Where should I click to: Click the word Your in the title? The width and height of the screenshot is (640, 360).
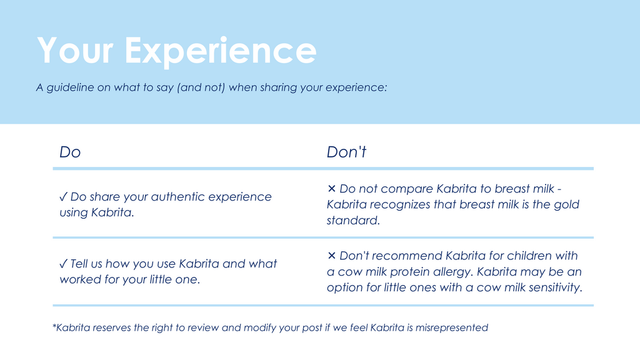coord(75,50)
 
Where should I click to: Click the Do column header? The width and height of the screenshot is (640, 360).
coord(70,152)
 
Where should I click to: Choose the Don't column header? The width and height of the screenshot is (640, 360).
coord(346,152)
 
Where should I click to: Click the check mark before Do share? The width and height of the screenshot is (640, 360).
coord(63,197)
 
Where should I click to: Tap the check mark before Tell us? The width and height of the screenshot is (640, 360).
coord(63,264)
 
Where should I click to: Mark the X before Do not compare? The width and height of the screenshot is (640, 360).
coord(331,189)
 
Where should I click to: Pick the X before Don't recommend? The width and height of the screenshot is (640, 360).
coord(331,256)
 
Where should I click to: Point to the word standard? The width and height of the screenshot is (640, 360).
coord(353,221)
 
